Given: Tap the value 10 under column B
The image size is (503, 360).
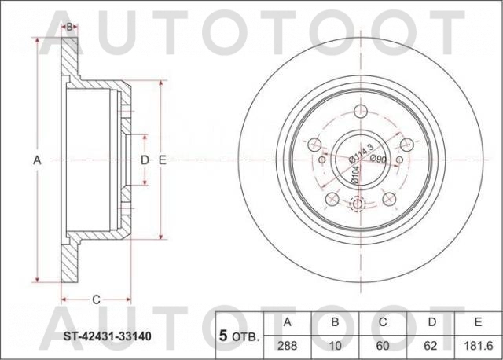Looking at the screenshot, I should (334, 344).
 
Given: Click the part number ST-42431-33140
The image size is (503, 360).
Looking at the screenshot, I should (108, 336).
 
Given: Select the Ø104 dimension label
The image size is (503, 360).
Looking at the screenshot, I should (354, 174).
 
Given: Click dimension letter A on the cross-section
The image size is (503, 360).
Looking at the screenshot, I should (36, 160).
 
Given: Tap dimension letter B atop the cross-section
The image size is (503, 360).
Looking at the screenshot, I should (69, 27).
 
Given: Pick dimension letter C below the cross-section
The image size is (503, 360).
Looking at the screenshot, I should (95, 299).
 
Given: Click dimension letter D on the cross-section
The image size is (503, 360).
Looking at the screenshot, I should (144, 160).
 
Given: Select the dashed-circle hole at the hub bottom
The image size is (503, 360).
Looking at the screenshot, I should (359, 205).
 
